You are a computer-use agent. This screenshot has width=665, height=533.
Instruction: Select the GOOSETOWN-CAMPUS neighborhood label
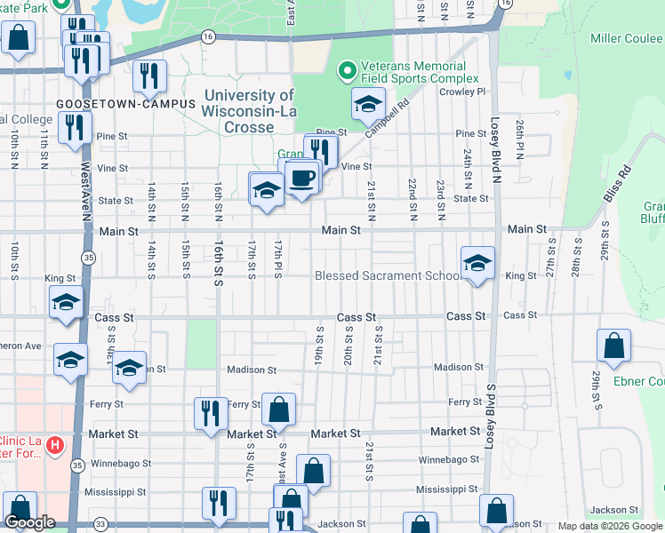pyautogui.click(x=125, y=104)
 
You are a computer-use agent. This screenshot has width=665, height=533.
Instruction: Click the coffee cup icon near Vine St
pyautogui.click(x=302, y=177)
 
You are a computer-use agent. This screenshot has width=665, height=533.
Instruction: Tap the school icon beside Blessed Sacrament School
pyautogui.click(x=477, y=264)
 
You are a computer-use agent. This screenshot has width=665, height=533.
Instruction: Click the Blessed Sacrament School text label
pyautogui.click(x=388, y=276)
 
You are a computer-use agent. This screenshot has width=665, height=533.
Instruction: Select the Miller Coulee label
pyautogui.click(x=627, y=38)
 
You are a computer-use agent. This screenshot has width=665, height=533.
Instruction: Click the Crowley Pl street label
pyautogui.click(x=469, y=91)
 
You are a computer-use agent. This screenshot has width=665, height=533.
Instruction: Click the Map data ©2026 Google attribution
pyautogui.click(x=610, y=526)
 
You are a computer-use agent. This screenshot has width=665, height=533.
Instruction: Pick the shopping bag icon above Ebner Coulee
pyautogui.click(x=613, y=347)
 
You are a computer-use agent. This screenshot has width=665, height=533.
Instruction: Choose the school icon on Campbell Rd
pyautogui.click(x=368, y=106)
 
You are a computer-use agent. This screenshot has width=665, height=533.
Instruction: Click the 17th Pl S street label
pyautogui.click(x=278, y=258)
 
